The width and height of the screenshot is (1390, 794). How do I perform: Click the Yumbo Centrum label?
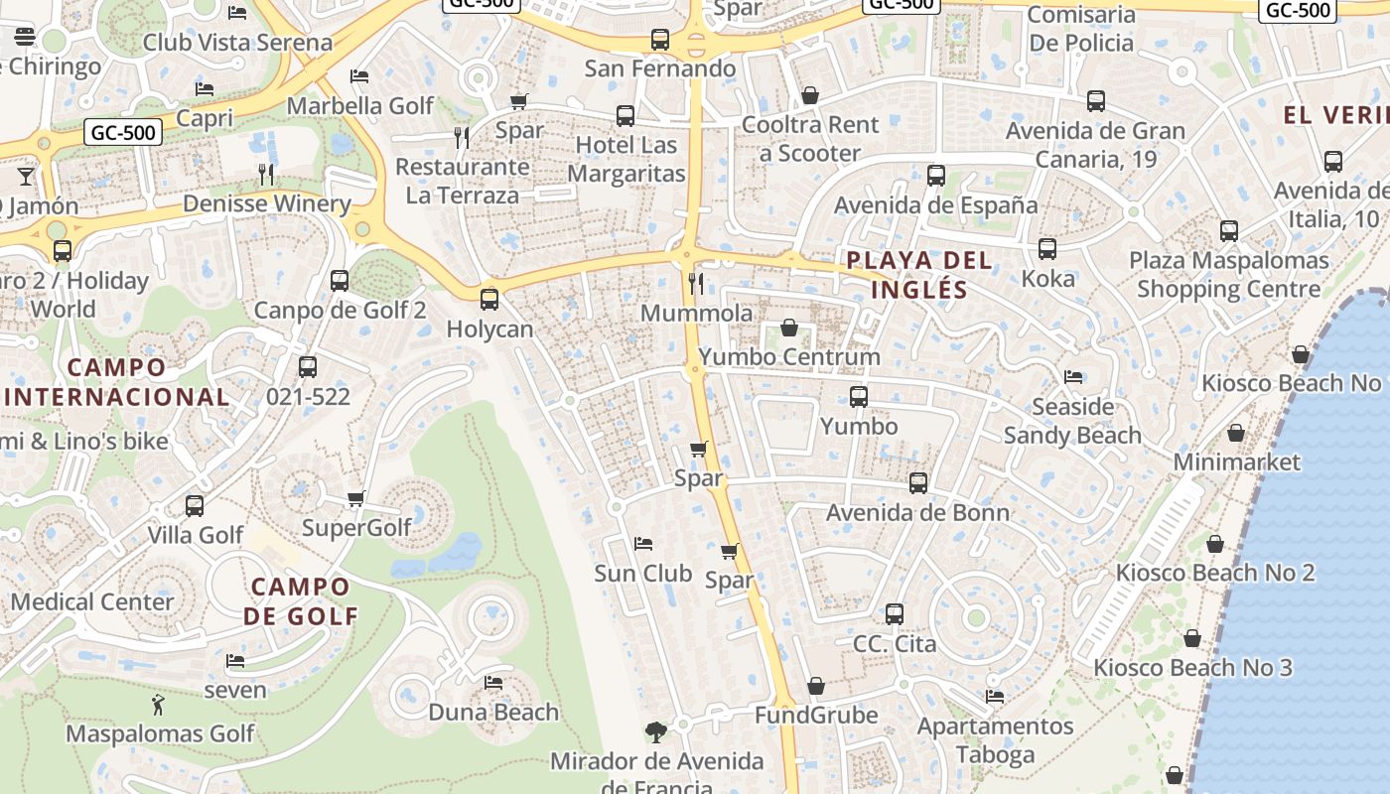coord(789,356)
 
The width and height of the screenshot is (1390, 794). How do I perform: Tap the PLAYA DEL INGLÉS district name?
coord(918,275)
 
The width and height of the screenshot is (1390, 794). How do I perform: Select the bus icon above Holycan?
coord(488,299)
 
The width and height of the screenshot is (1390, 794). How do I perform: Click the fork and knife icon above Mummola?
coord(696,284)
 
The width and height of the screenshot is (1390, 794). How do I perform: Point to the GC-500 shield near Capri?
coord(124,132)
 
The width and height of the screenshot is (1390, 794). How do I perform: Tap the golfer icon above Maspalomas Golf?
coord(159,706)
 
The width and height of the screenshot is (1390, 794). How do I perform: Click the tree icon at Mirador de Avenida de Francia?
coord(655,732)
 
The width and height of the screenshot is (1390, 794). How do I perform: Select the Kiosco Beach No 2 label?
coord(1214,573)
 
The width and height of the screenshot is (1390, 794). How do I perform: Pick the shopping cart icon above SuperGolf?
coord(356,498)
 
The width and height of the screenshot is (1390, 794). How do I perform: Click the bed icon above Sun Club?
coord(642,544)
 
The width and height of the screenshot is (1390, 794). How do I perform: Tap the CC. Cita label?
coord(895,644)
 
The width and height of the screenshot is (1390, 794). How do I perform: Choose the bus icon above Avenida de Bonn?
coord(917,483)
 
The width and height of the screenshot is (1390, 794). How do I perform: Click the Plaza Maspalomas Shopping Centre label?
coord(1228,275)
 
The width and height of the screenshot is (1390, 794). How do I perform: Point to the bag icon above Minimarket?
coord(1236,433)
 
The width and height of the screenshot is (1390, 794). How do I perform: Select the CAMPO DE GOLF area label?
coord(300,600)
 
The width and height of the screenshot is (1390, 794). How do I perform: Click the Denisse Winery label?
coord(267,203)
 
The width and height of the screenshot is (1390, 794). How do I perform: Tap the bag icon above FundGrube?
coord(815,686)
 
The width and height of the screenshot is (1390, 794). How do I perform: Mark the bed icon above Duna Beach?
coord(492,683)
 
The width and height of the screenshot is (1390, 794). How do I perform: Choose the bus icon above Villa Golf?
coord(195,505)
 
